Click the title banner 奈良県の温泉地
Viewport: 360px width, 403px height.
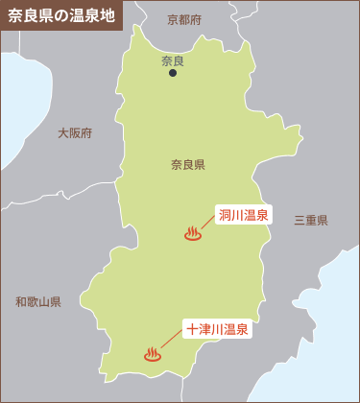[62, 15]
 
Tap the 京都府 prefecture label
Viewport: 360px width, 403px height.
[184, 19]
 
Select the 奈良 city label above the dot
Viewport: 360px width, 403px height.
[173, 60]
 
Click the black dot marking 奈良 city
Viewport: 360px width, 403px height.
[173, 73]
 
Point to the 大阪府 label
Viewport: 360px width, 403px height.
[75, 133]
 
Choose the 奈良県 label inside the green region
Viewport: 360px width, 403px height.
[188, 164]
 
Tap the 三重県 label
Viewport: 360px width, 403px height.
[311, 220]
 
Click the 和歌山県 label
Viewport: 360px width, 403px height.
[38, 301]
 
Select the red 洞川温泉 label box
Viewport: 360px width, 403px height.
[244, 214]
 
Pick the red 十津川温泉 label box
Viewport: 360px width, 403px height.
[217, 329]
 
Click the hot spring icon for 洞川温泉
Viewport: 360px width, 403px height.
[193, 233]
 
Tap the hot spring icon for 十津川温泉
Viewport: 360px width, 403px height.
[153, 353]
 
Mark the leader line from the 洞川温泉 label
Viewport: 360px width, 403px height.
[208, 223]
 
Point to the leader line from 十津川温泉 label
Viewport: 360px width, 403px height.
[170, 341]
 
